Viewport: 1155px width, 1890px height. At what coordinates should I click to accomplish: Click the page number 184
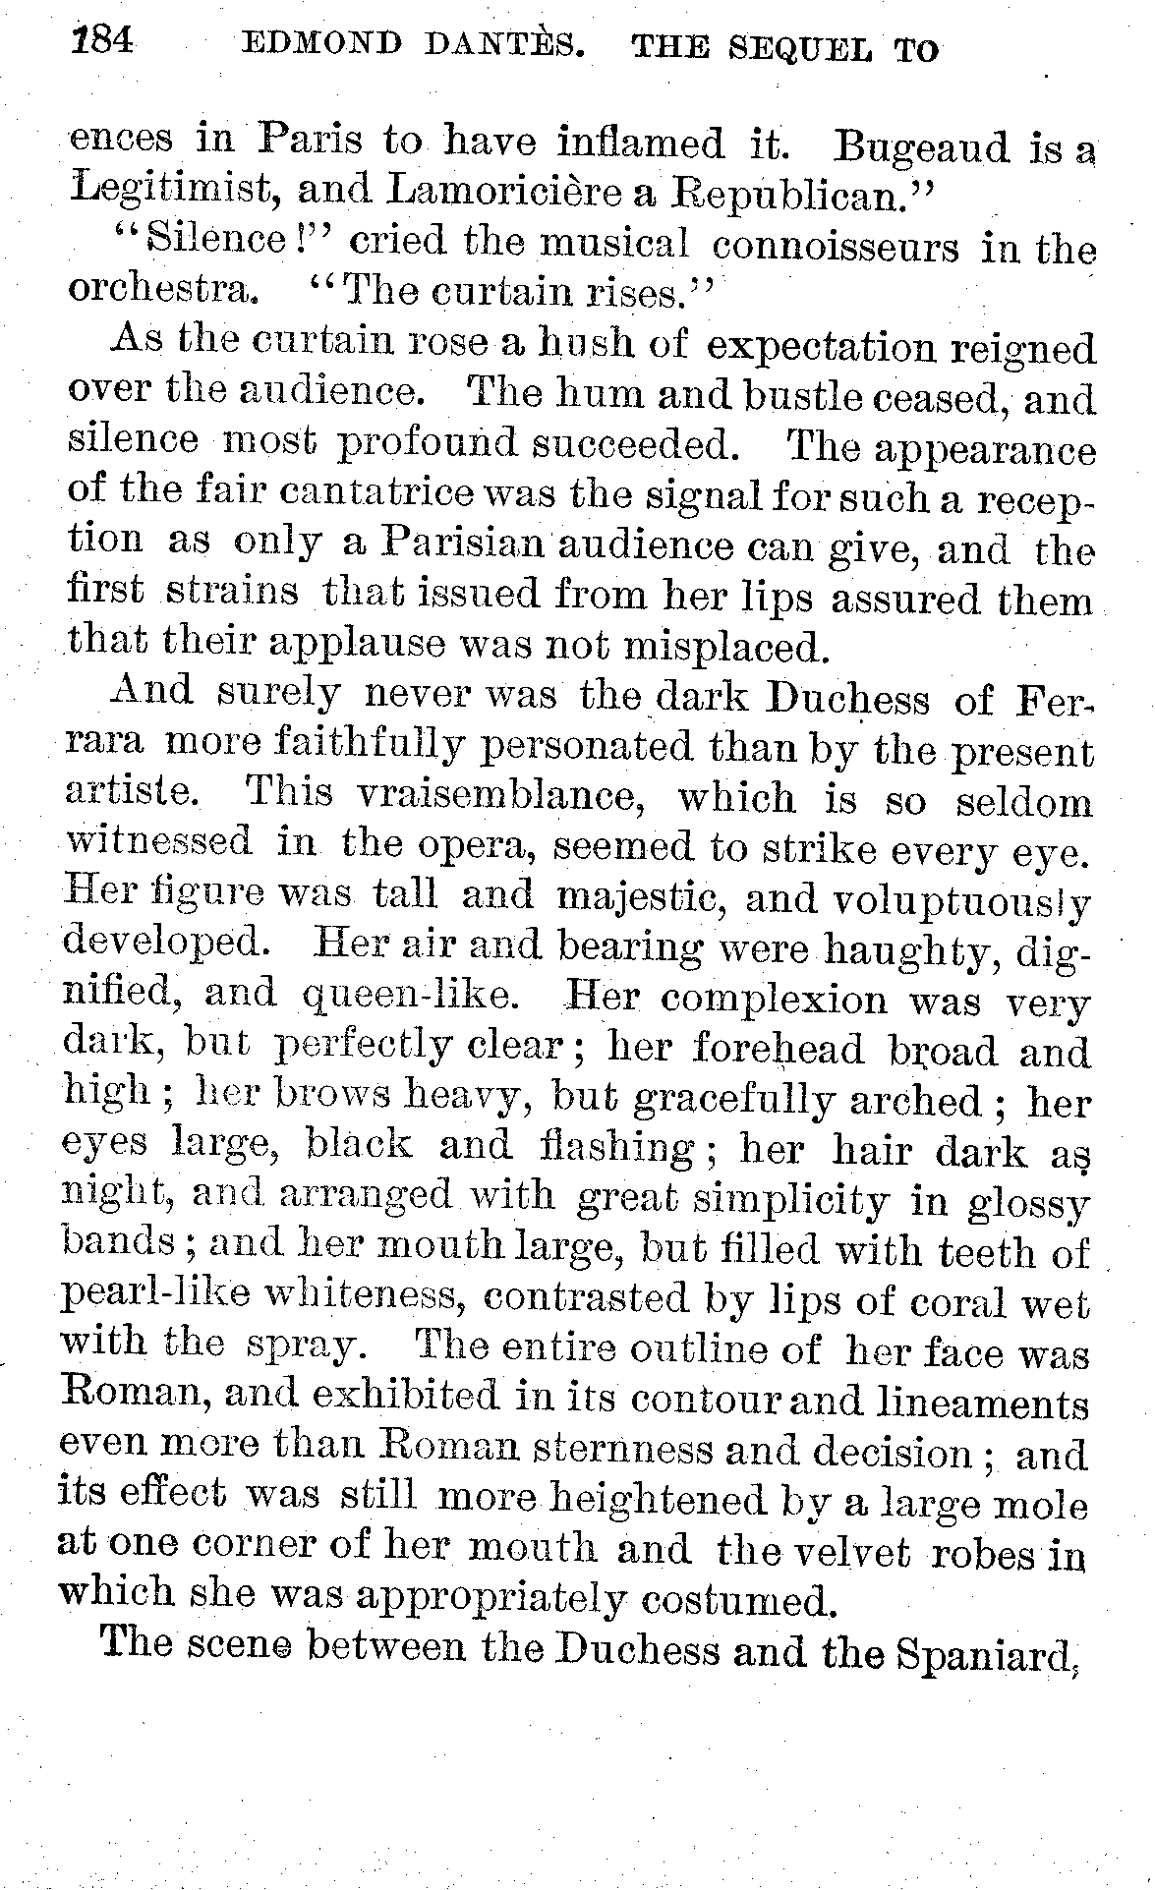(101, 45)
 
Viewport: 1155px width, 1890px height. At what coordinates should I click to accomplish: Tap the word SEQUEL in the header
(794, 47)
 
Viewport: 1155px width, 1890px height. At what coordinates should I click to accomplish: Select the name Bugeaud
(920, 148)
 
